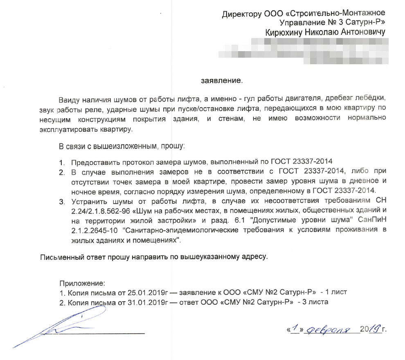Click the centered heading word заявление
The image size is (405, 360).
click(x=222, y=80)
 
